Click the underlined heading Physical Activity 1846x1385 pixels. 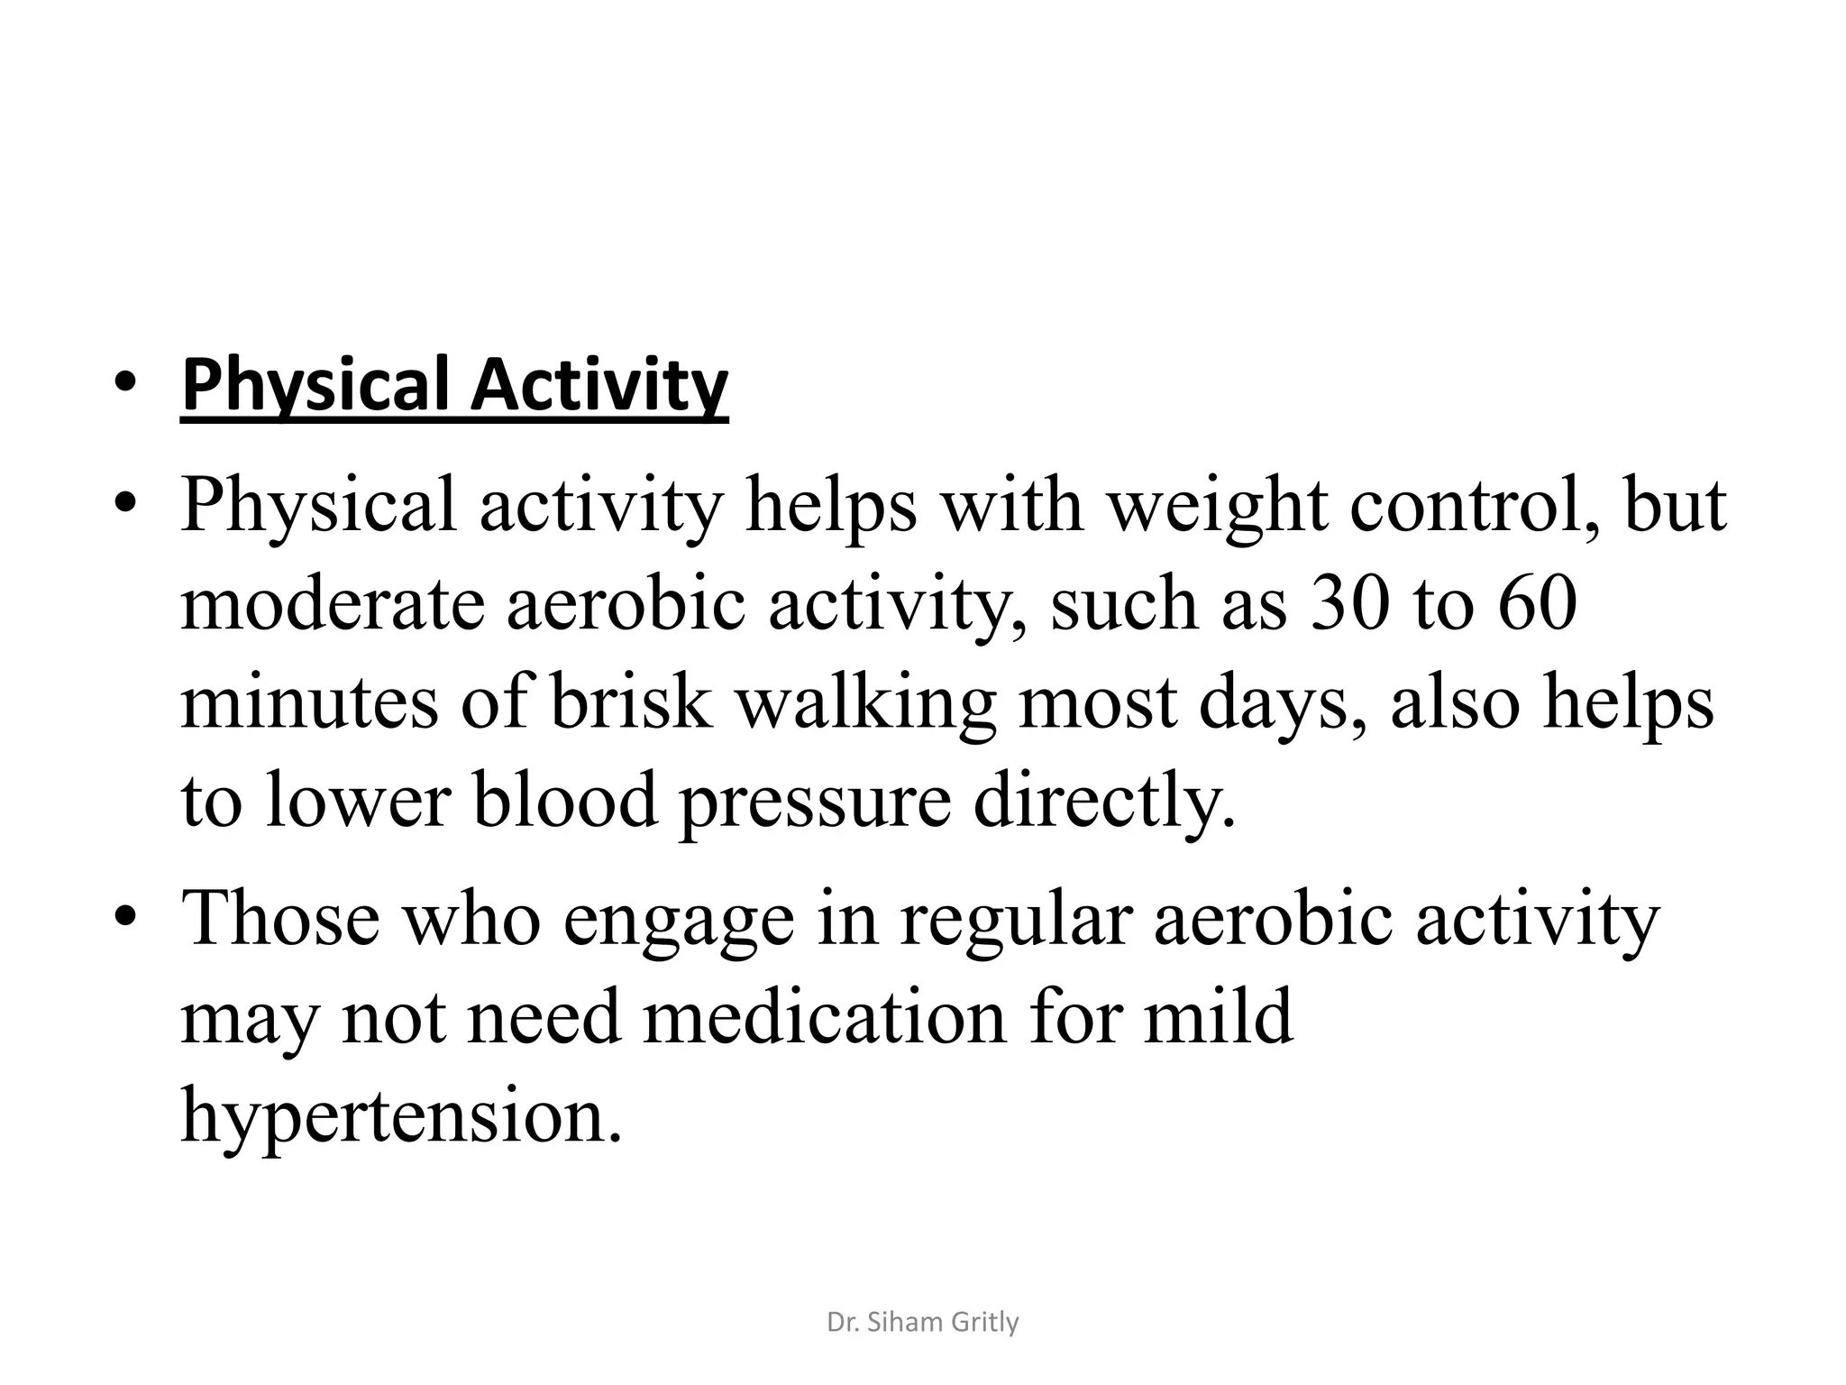(454, 386)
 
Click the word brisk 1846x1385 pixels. (631, 702)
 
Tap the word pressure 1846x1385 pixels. (815, 802)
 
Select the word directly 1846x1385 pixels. (1104, 802)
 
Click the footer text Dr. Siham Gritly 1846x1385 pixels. (922, 1323)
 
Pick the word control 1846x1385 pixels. (1476, 507)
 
